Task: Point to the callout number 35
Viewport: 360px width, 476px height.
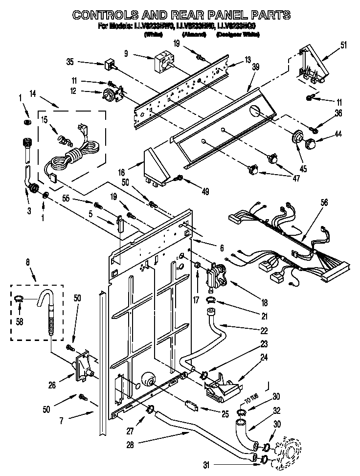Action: pyautogui.click(x=70, y=62)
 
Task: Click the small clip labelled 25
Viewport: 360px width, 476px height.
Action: pyautogui.click(x=191, y=405)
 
